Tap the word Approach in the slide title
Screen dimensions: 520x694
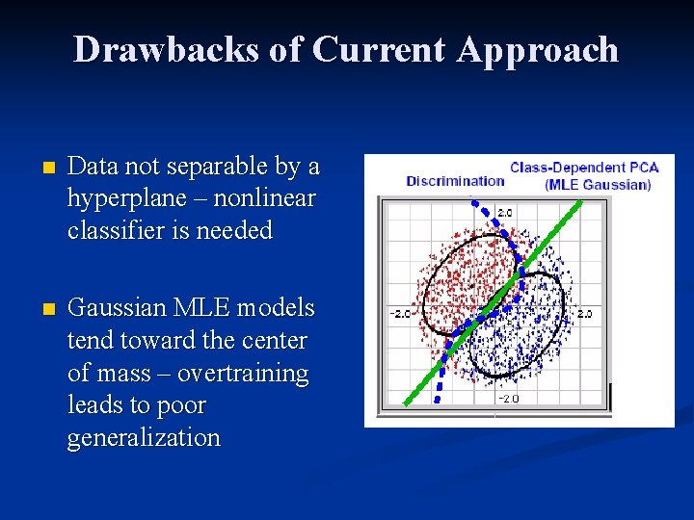click(538, 50)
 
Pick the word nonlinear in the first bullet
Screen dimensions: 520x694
click(267, 198)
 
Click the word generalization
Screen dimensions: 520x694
click(144, 437)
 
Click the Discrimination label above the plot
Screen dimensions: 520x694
click(455, 180)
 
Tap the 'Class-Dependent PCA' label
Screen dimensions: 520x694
click(584, 168)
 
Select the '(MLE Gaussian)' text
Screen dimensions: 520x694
click(598, 184)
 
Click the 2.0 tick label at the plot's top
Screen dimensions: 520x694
click(504, 211)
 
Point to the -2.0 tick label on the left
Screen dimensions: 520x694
click(400, 313)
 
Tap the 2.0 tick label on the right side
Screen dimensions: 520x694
click(584, 313)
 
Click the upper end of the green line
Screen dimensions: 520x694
click(580, 203)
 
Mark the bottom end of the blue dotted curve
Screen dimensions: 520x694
click(437, 398)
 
